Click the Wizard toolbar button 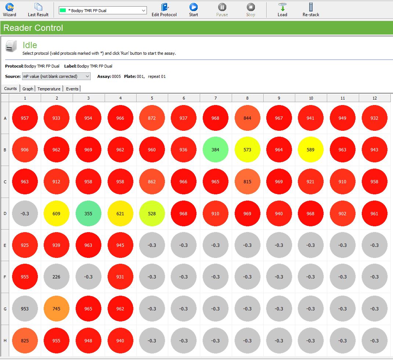click(x=10, y=10)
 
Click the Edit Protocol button click(x=164, y=10)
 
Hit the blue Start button click(x=194, y=10)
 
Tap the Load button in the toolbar click(x=282, y=10)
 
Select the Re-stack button click(x=311, y=10)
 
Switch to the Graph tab click(x=28, y=89)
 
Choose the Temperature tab click(x=49, y=89)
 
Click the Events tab click(x=72, y=89)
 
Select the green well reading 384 click(x=216, y=150)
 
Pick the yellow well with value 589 click(x=311, y=150)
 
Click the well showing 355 click(x=88, y=213)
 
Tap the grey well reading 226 click(x=56, y=277)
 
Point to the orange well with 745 click(x=56, y=309)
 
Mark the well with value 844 click(x=247, y=118)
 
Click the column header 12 click(x=374, y=98)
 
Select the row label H click(x=5, y=341)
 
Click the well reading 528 click(x=152, y=213)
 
